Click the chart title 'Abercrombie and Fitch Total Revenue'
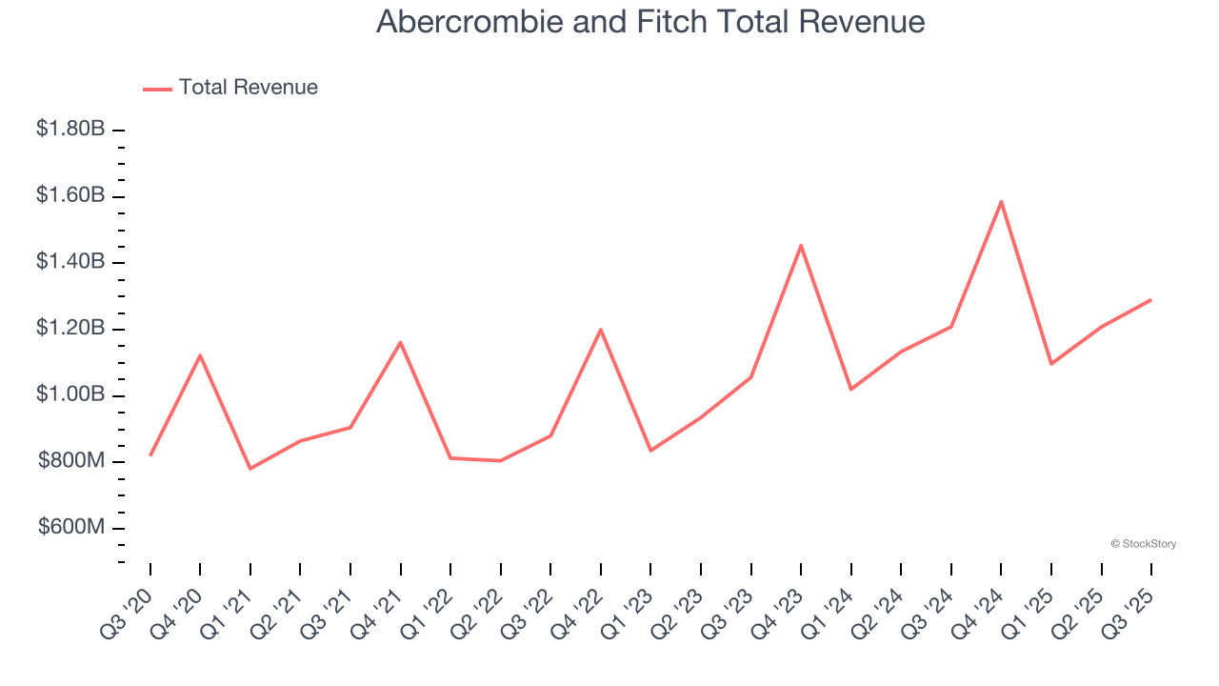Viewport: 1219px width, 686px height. tap(650, 21)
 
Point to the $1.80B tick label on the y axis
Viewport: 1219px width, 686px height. tap(70, 129)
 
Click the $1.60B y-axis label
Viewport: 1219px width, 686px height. tap(70, 195)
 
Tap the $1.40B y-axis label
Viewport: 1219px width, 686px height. tap(70, 262)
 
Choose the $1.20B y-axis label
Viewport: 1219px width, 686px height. tap(70, 329)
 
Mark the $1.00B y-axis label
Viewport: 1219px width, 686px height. tap(70, 395)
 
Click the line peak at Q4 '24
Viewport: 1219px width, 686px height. tap(1001, 201)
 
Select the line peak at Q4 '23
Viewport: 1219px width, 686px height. tap(801, 245)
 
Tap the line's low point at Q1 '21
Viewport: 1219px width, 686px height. tap(250, 469)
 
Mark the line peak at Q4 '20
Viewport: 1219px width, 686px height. tap(200, 355)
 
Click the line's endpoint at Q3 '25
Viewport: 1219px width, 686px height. tap(1150, 300)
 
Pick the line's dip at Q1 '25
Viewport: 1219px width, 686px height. tap(1051, 364)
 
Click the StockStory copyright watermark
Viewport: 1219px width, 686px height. tap(1143, 544)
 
